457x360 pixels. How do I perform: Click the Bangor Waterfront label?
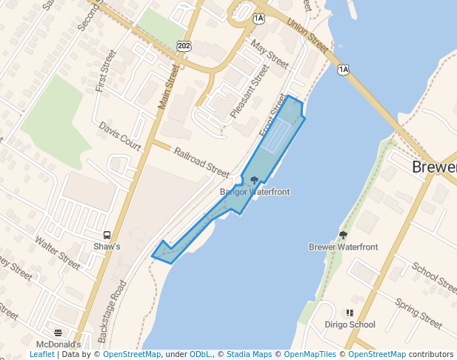pos(254,192)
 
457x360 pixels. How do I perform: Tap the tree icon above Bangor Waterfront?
pos(254,180)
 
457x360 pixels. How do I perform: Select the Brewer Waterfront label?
pos(343,247)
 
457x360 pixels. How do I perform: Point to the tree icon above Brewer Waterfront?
pos(343,235)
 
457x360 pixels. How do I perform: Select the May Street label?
pos(270,54)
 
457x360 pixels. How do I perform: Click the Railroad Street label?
pos(201,162)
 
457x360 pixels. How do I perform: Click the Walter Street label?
pos(57,252)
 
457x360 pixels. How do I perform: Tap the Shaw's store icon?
pos(107,235)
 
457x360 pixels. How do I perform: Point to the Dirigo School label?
pos(350,324)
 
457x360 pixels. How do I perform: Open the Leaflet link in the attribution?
pos(41,355)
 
